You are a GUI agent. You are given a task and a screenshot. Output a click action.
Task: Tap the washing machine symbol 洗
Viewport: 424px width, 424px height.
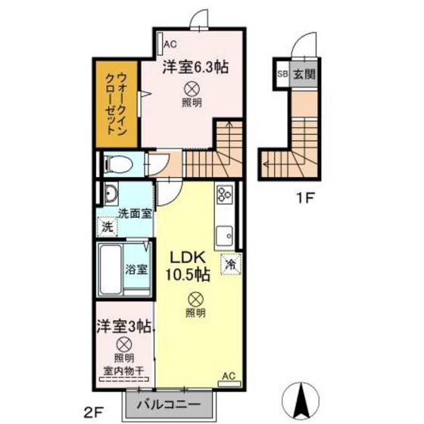[108, 226]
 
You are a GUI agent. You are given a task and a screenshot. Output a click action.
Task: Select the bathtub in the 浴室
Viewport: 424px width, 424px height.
[111, 269]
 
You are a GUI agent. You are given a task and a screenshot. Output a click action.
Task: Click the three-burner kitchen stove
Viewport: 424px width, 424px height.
[225, 194]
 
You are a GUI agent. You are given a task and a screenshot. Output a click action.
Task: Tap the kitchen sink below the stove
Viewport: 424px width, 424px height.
[225, 235]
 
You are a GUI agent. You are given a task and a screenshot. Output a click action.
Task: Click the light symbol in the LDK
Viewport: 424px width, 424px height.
[195, 299]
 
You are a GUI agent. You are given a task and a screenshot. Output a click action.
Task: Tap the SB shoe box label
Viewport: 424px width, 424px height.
[282, 74]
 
